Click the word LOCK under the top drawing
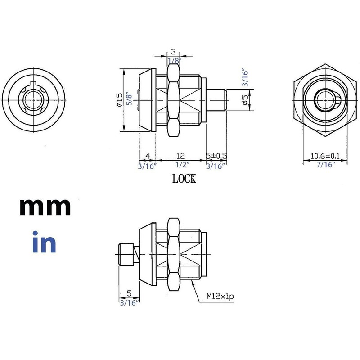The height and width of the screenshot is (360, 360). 184,179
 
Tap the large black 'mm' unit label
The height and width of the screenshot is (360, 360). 45,207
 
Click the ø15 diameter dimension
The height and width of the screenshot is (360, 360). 119,99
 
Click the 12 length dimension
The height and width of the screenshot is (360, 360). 180,156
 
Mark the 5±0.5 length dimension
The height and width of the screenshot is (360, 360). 216,156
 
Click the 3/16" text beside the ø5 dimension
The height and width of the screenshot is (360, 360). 245,77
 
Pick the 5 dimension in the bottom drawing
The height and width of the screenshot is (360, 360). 129,293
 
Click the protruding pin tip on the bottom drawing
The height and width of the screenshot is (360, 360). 121,255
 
